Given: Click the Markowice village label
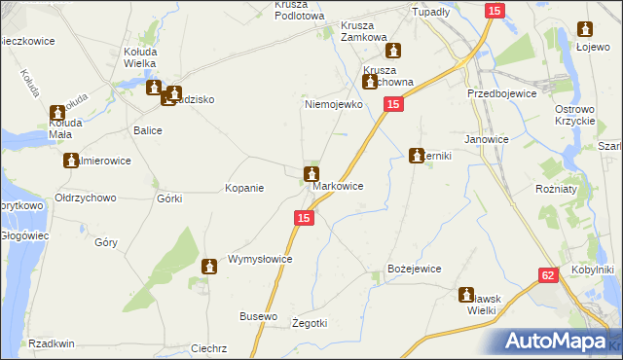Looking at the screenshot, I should [338, 186].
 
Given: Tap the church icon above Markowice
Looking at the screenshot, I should [311, 175].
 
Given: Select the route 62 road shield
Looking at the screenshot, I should [547, 276].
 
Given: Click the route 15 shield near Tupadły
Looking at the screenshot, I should [495, 10].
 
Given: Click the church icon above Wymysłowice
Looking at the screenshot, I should [208, 267].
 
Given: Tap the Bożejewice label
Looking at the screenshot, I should [415, 269].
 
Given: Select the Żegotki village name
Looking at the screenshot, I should [311, 323].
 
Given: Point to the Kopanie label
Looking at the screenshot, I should [244, 188].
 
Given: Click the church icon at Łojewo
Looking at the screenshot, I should [586, 30].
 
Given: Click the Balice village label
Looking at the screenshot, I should [147, 129].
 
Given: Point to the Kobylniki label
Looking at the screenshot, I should [593, 269].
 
